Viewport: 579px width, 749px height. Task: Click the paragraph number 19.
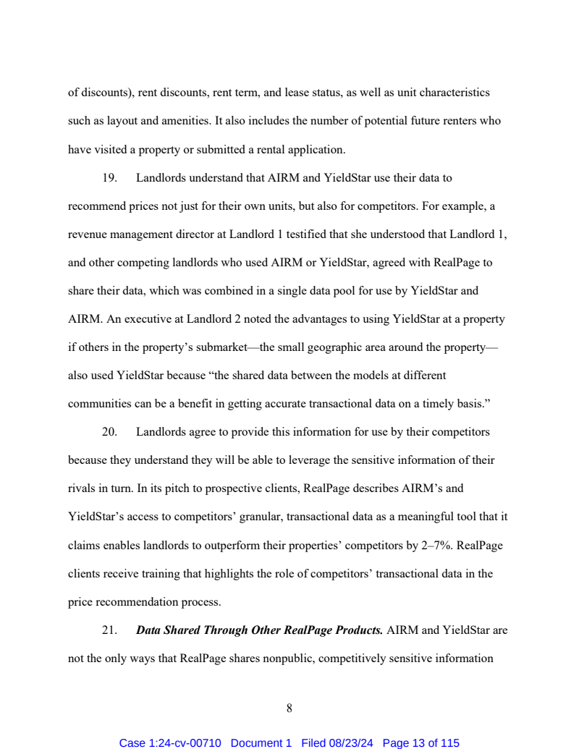point(109,177)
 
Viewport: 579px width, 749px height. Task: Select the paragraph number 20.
point(109,432)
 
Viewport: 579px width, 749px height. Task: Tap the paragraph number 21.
point(109,630)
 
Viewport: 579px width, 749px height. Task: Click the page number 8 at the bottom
point(289,709)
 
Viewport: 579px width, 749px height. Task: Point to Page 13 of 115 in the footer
point(420,743)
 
